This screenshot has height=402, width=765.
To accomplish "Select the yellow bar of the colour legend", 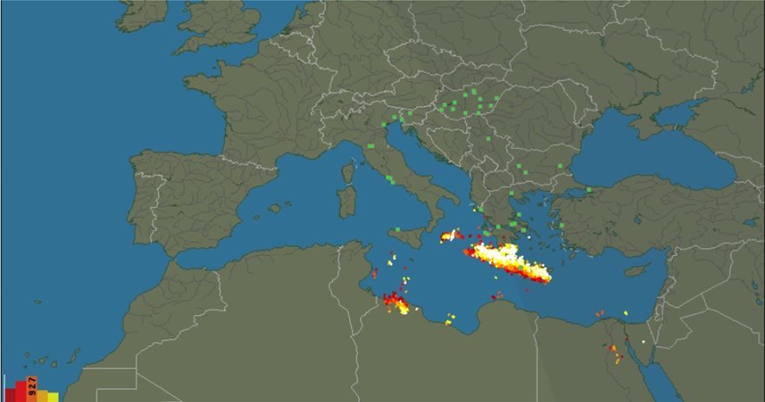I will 54,397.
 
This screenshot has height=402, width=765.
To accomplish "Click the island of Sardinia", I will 348,201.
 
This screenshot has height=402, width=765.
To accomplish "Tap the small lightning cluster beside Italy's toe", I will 450,235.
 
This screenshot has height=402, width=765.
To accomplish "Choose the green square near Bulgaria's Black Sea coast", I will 560,166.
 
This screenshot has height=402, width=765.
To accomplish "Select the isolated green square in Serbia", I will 489,138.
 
